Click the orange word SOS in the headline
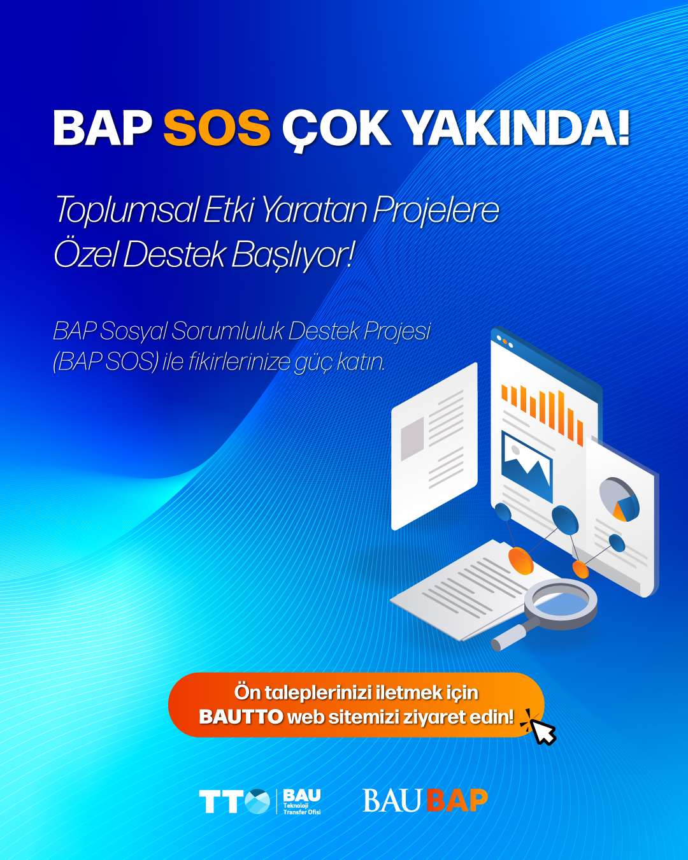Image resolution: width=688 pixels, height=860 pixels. [217, 128]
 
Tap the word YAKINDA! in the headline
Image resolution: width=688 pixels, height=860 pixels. [517, 128]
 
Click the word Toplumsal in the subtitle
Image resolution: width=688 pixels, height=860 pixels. [126, 210]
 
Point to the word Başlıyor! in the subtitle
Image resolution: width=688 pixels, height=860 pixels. [292, 255]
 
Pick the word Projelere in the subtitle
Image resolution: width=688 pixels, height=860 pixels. [436, 210]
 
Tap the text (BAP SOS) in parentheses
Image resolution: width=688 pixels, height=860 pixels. [106, 362]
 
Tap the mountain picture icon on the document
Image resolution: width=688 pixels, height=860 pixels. [526, 466]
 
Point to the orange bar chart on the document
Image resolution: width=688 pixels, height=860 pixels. [541, 412]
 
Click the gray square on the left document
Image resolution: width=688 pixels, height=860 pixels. [412, 439]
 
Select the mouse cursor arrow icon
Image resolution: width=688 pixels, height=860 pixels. [543, 731]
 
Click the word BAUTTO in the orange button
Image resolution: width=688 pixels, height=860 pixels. [241, 717]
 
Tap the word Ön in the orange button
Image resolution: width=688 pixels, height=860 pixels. [247, 692]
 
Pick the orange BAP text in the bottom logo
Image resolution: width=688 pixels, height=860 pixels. [457, 801]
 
